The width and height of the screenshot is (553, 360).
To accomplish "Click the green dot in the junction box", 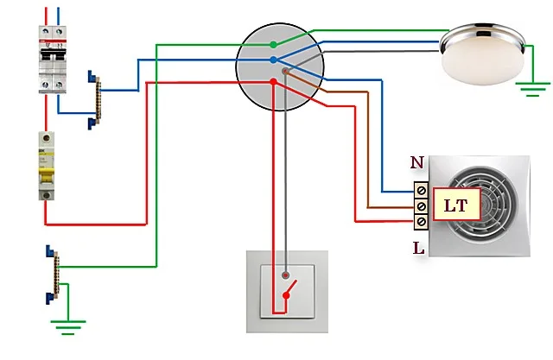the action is (x=273, y=45).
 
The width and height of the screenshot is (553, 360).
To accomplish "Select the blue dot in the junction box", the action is (x=273, y=60).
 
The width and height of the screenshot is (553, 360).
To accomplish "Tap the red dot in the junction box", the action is (x=273, y=82).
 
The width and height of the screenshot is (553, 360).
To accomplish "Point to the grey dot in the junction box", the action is (x=286, y=72).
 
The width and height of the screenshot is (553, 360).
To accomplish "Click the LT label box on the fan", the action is (x=456, y=205).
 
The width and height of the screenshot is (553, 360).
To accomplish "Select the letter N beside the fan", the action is (x=416, y=163).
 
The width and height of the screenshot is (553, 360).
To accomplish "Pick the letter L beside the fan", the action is (x=418, y=249).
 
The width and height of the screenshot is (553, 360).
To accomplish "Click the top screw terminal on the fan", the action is (x=421, y=191).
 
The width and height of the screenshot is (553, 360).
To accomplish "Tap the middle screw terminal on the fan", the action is (x=421, y=206).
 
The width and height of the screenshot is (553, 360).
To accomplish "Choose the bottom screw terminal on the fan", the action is (x=421, y=222).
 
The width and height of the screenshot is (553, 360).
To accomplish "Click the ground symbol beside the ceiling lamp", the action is (x=532, y=89).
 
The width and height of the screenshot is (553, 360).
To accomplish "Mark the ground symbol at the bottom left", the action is (x=68, y=327).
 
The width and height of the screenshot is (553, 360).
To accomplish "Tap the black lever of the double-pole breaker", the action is (x=53, y=55).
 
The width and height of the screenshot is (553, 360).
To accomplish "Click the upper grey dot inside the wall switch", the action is (x=286, y=275).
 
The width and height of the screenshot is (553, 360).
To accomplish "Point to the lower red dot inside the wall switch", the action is (x=286, y=295).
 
